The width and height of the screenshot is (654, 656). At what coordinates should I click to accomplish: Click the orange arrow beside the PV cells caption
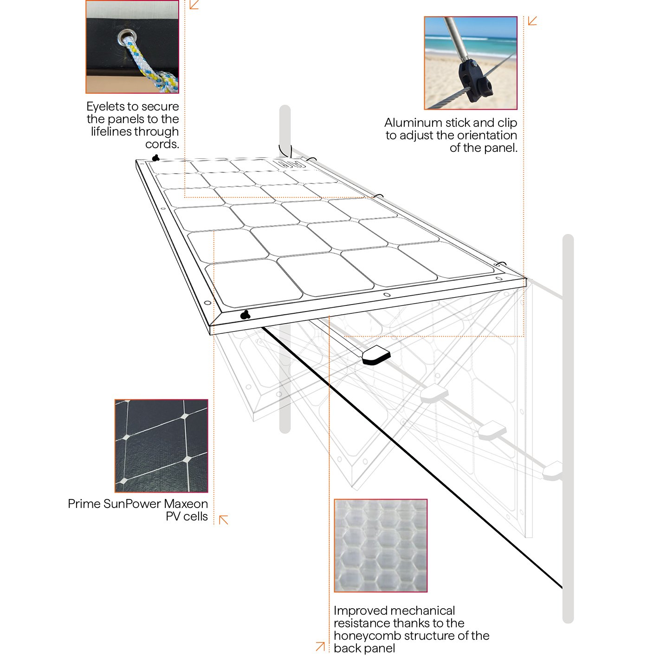coord(223,520)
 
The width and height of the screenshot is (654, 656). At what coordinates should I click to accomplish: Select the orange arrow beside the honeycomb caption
coord(320,646)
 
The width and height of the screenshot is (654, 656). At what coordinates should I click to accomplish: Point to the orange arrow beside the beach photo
coord(532,21)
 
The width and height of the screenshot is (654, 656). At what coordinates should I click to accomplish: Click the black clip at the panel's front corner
coord(245,315)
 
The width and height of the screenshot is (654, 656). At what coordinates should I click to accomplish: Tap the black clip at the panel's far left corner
coord(155,158)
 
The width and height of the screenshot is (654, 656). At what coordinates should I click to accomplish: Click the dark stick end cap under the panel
coord(376,355)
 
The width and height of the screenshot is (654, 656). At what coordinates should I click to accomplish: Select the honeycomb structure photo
coord(381,546)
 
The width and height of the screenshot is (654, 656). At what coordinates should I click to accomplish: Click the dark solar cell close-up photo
coord(162,446)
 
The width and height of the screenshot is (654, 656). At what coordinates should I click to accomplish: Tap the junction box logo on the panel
coord(291,165)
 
